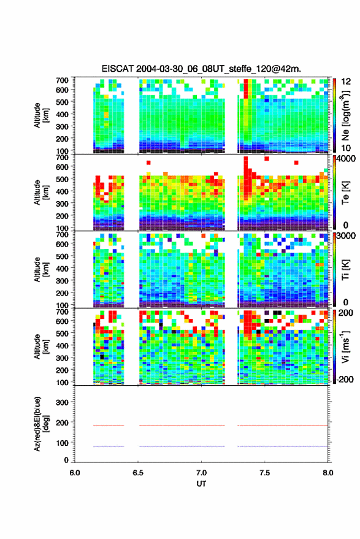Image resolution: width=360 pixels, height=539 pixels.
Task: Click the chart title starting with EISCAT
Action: point(201,69)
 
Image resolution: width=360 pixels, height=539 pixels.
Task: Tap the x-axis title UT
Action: point(201,484)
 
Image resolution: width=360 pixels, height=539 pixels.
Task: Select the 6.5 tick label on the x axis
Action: point(138,473)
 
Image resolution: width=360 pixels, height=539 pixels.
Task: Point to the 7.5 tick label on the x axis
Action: point(264,473)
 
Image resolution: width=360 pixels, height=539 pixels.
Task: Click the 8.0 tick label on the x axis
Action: point(327,473)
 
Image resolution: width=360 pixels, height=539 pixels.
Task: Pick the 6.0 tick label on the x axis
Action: point(75,473)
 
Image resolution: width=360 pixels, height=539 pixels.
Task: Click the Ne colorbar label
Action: point(345,115)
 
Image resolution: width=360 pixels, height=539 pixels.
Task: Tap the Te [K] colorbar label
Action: point(345,193)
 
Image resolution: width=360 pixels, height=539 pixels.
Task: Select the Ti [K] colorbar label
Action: point(345,270)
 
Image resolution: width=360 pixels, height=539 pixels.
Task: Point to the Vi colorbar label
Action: point(345,346)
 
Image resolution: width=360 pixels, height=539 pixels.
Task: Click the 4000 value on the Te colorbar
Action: point(346,159)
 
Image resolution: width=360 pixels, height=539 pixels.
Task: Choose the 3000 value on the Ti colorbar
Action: point(346,236)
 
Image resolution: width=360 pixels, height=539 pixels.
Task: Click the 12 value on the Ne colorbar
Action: point(347,82)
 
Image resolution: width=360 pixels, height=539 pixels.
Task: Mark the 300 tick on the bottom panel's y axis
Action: point(62,402)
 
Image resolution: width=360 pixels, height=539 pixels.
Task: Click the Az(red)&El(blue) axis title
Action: point(41,424)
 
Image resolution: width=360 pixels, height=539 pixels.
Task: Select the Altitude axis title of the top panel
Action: point(41,115)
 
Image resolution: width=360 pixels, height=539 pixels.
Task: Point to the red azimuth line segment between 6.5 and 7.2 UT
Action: point(182,426)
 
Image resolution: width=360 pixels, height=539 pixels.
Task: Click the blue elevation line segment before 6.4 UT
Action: point(109,446)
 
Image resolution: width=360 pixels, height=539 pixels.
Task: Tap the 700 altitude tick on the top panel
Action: point(62,80)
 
